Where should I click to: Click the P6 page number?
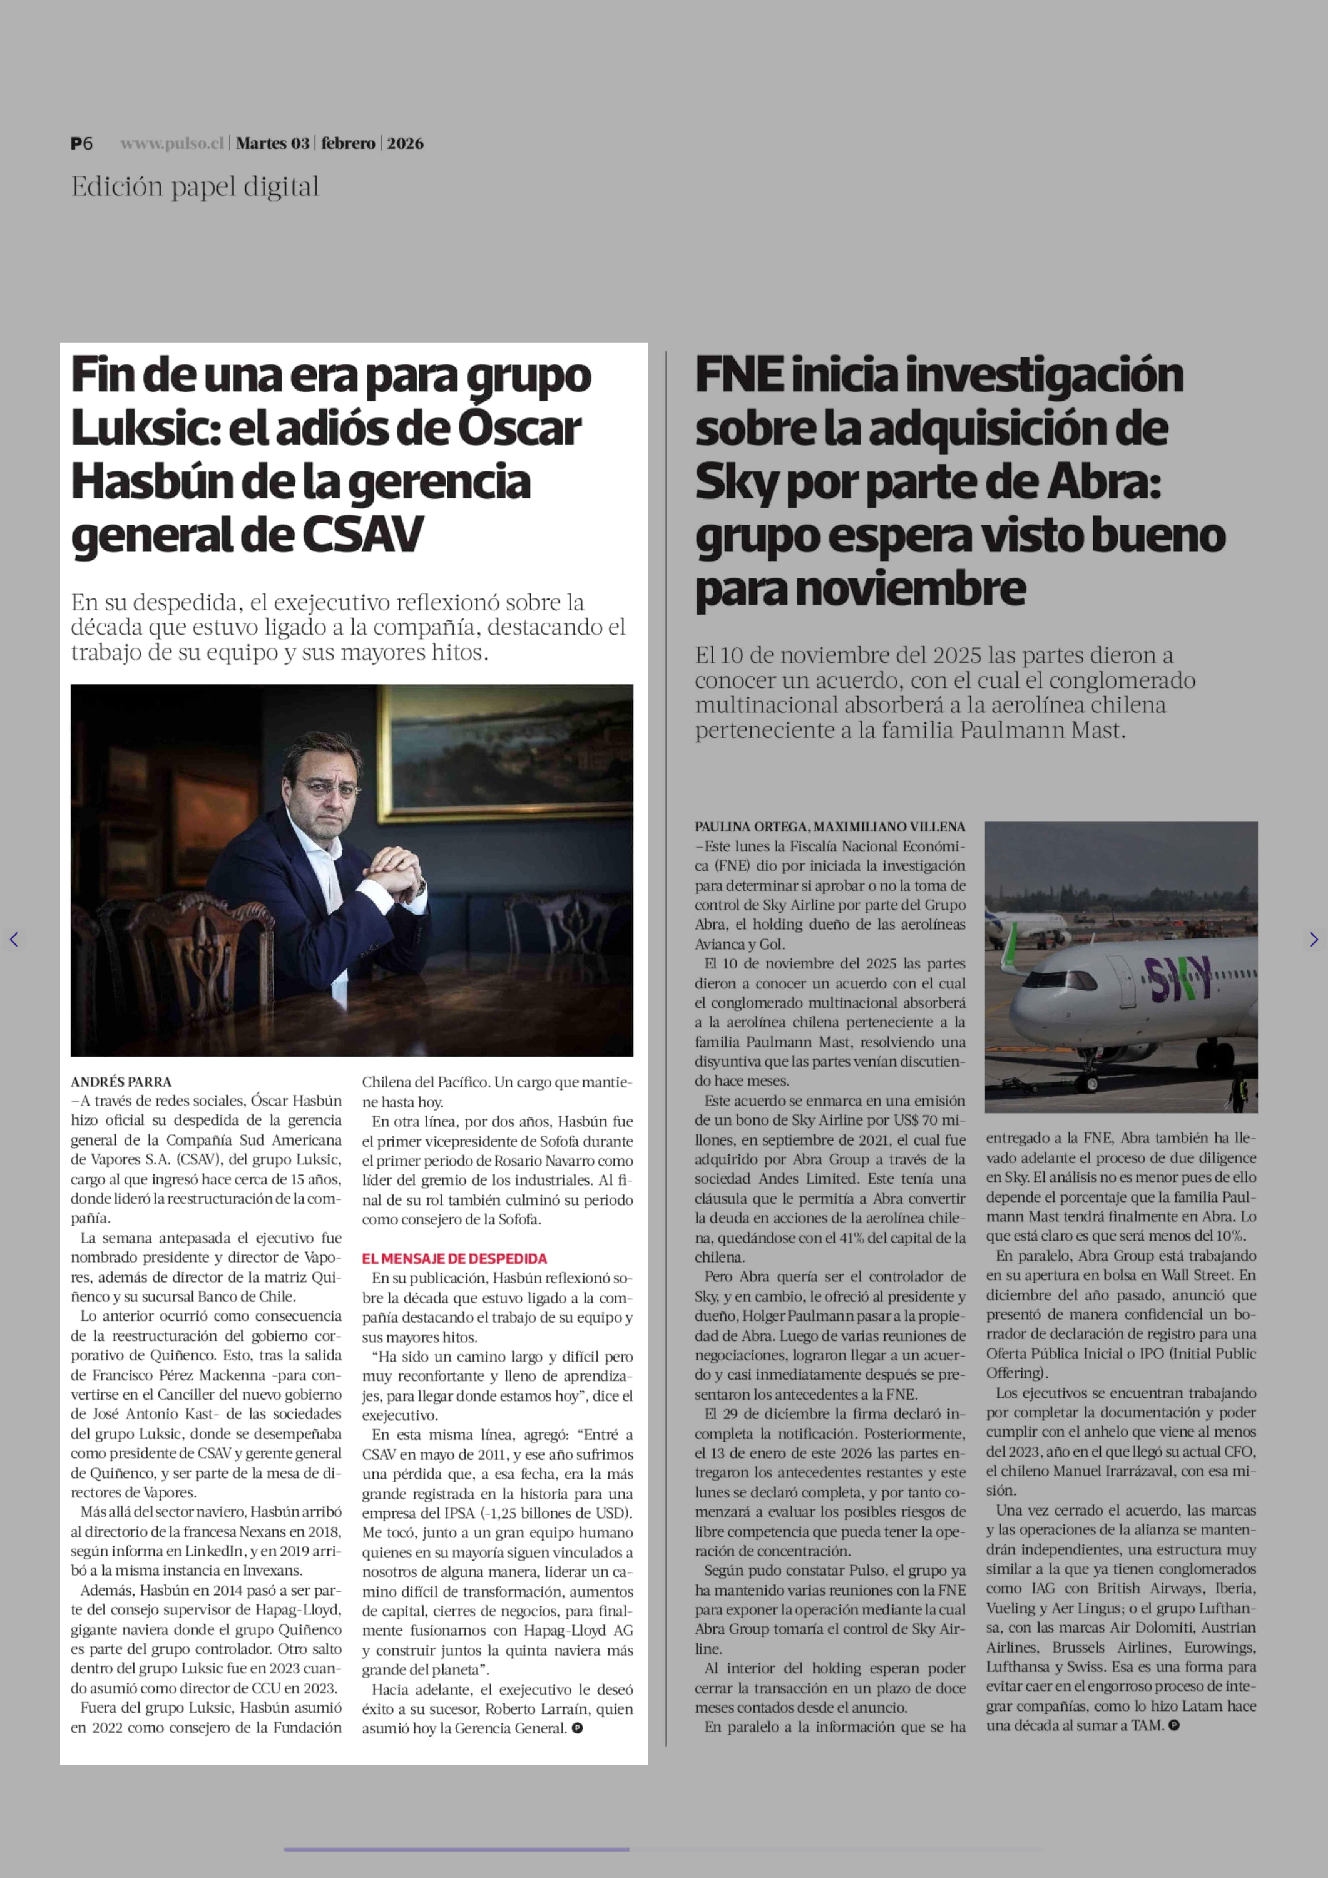coord(82,143)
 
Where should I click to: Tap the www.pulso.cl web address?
coord(172,143)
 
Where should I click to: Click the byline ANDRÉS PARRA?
coord(121,1081)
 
